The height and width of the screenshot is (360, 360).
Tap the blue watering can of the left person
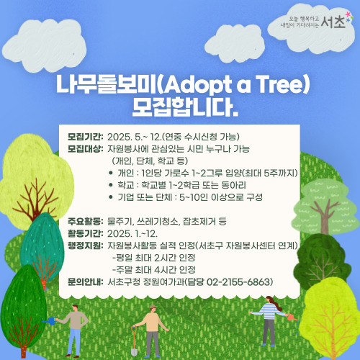(51, 321)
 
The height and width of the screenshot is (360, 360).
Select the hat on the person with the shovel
(152, 307)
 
